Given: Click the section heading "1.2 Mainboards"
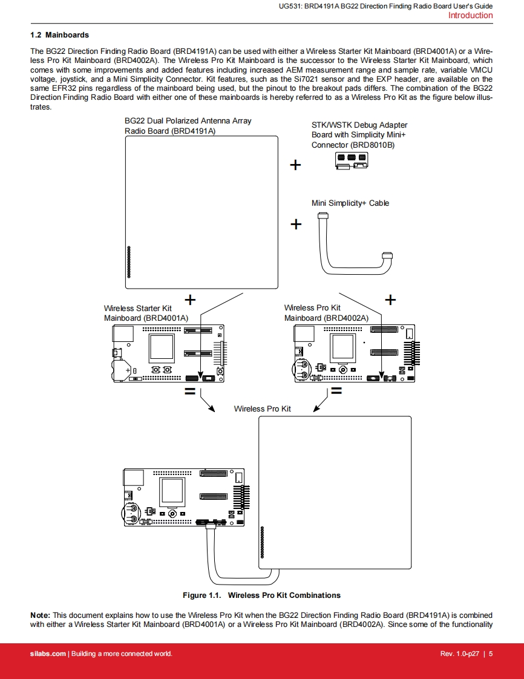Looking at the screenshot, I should point(59,35).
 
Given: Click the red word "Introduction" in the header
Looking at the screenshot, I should point(470,16).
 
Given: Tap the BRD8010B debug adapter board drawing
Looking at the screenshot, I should point(352,160).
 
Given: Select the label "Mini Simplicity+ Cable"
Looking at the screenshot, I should point(350,203).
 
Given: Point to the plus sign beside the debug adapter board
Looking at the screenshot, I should point(295,165).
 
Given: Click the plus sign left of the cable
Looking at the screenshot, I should point(296,225).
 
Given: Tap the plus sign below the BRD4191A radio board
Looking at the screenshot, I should point(190,299).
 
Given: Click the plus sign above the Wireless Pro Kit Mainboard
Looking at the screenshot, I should point(391,300).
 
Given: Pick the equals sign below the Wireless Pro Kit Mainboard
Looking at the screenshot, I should point(336,392).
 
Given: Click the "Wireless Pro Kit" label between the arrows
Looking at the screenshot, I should point(262,409).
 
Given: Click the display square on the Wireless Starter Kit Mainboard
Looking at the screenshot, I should point(162,348).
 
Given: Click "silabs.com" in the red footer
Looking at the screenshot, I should point(48,654).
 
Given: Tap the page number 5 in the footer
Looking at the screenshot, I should point(491,654).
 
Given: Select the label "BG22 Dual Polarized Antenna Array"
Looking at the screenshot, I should point(188,121).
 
